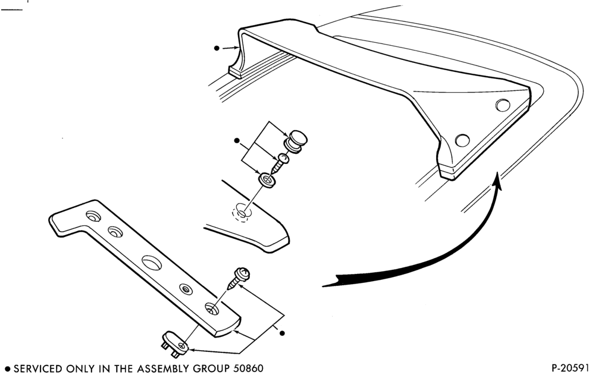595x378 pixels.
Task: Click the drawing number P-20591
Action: point(571,368)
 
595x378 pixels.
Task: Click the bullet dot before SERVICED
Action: point(7,368)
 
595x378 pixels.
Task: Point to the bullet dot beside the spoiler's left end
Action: point(217,48)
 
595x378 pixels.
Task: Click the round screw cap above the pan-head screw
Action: point(296,141)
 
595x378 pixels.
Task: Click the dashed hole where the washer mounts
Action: point(242,213)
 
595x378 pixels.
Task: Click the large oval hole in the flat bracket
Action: point(152,263)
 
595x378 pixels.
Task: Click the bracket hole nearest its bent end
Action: point(93,216)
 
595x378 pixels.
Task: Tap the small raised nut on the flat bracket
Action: point(186,289)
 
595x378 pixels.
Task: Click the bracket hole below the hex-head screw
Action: point(212,309)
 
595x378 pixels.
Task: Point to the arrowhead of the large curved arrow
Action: point(499,181)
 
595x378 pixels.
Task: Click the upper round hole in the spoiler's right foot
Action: point(503,105)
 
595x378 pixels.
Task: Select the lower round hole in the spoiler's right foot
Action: point(462,140)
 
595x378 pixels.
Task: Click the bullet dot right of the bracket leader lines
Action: point(282,333)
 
